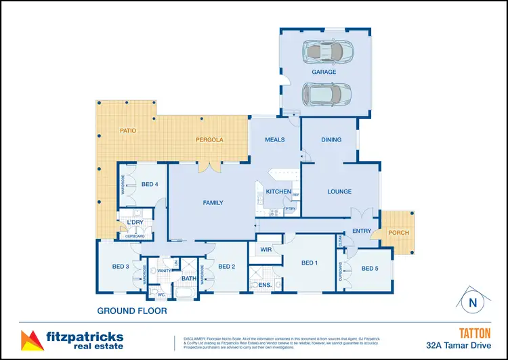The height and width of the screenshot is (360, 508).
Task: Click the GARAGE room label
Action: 324,71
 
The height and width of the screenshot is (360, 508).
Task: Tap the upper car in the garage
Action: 327,51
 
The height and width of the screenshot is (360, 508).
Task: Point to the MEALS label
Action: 274,140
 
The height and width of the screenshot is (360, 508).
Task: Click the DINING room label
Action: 331,140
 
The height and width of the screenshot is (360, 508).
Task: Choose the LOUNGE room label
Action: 339,192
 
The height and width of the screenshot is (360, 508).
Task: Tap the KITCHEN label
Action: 278,192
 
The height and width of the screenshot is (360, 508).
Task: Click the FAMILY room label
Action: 213,202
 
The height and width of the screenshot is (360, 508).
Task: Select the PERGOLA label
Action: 209,140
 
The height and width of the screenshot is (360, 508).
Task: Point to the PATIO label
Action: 129,129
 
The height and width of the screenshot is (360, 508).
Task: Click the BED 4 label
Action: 150,184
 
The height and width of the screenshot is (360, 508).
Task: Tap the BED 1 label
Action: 310,263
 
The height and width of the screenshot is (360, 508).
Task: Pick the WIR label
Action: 266,250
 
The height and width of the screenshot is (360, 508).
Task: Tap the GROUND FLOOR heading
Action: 131,312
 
